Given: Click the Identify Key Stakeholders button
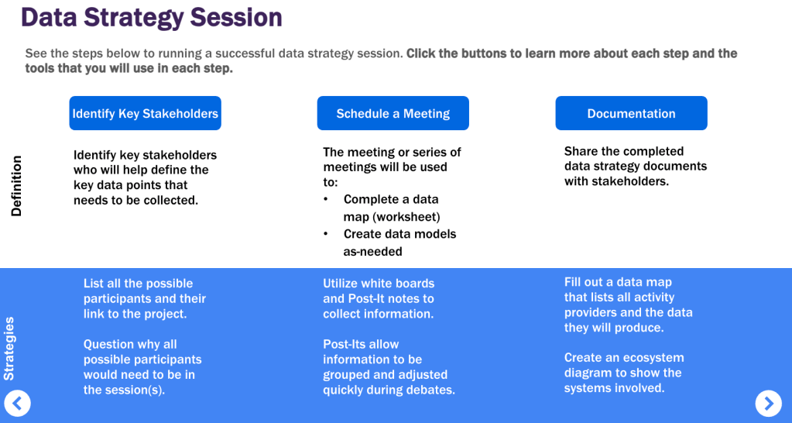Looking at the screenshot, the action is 145,113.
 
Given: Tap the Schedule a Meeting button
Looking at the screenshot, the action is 393,113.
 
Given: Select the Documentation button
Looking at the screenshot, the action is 632,113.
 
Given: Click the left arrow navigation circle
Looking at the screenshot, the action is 17,404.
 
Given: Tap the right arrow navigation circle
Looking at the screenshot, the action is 768,404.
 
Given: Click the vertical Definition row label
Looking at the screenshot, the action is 17,186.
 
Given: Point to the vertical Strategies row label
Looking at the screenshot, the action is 9,349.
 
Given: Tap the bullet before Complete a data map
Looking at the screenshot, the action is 327,199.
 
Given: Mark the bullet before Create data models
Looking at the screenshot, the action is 327,234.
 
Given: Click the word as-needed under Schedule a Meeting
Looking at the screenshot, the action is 372,251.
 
